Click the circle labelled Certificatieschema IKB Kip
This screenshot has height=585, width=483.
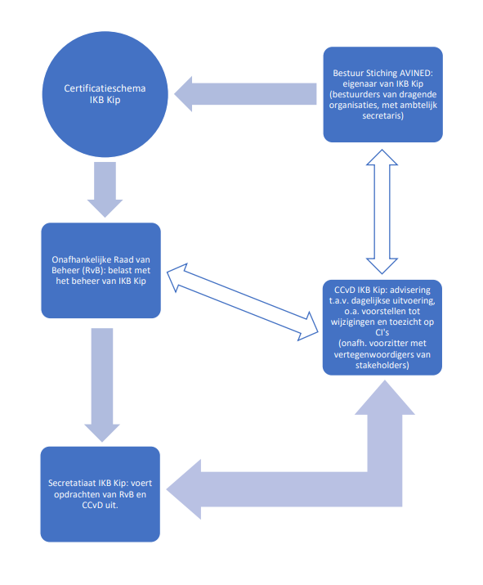(x=105, y=94)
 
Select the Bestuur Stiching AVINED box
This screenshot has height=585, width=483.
(x=382, y=94)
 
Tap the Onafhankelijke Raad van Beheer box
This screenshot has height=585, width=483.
(x=101, y=271)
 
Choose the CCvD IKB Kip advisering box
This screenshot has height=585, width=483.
(x=382, y=327)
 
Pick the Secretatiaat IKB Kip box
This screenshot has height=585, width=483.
(x=101, y=494)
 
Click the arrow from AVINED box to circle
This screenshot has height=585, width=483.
(x=245, y=94)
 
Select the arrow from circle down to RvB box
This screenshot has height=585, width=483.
(x=105, y=190)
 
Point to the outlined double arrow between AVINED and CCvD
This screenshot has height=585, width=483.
(x=382, y=212)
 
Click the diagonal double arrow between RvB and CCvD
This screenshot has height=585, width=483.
(x=242, y=302)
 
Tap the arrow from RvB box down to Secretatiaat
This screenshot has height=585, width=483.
(x=102, y=385)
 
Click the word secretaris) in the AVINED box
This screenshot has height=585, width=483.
(x=382, y=115)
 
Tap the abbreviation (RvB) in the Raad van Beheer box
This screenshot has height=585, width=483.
(x=92, y=271)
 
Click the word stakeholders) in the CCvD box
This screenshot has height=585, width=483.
(x=382, y=365)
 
